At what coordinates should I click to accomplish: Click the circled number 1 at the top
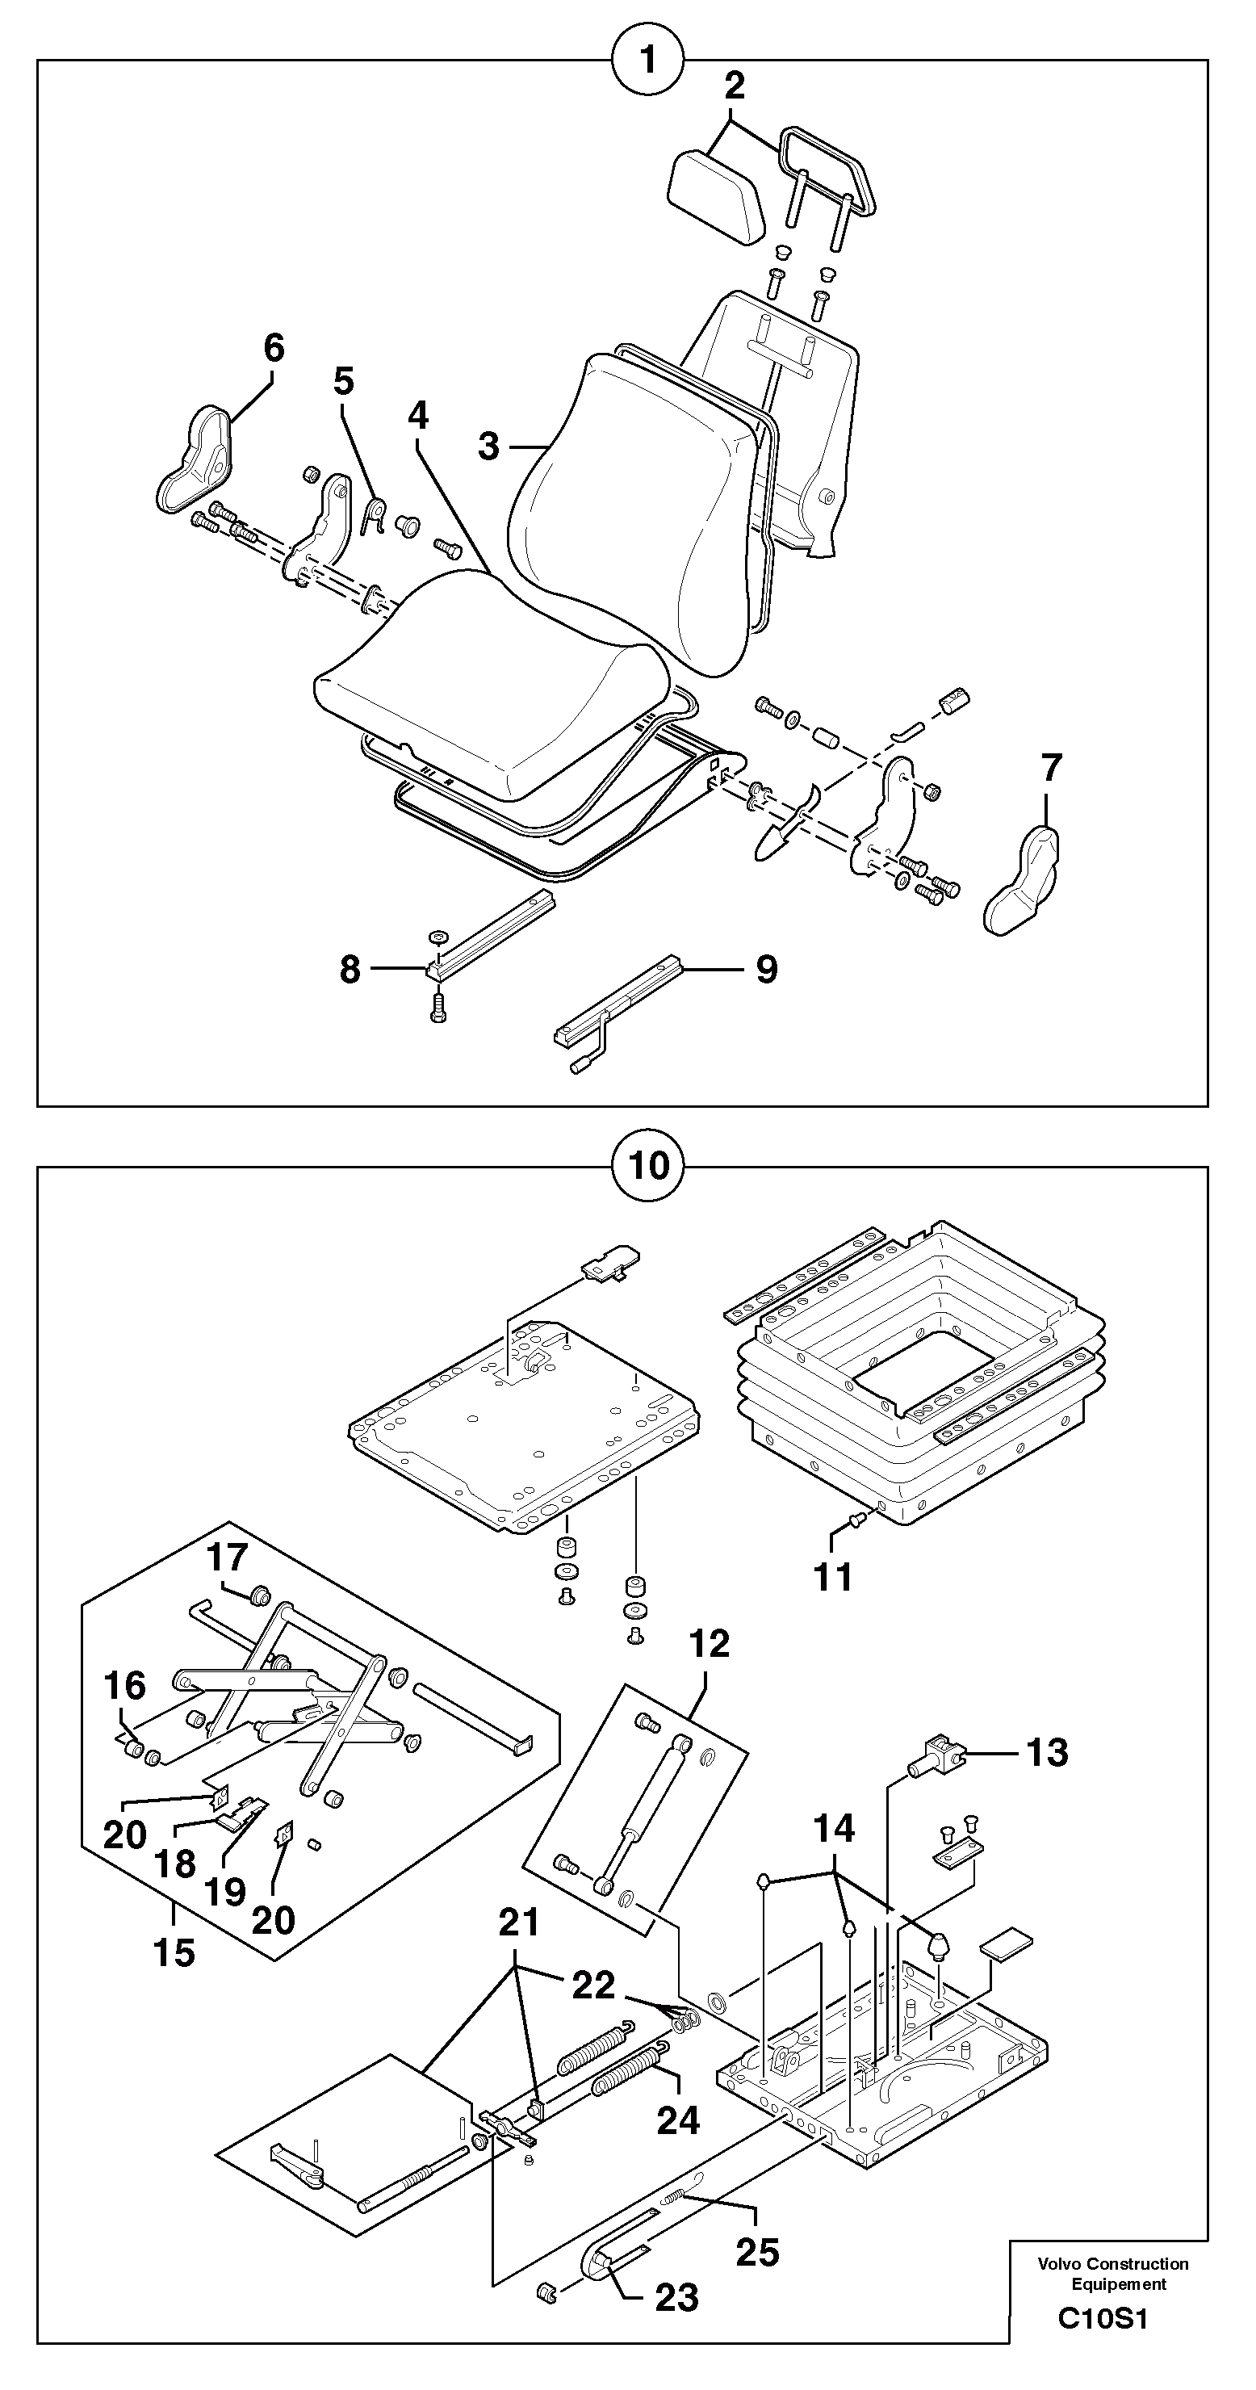point(647,61)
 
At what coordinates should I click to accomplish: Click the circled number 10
point(647,1165)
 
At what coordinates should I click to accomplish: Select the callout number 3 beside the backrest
point(489,447)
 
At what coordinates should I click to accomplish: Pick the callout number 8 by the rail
point(350,970)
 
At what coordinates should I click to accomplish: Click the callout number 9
point(766,970)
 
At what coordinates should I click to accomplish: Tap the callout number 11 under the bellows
point(832,1575)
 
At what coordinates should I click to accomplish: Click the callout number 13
point(1046,1753)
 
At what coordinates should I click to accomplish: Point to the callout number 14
point(833,1829)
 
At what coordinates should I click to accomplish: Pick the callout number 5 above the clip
point(343,380)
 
